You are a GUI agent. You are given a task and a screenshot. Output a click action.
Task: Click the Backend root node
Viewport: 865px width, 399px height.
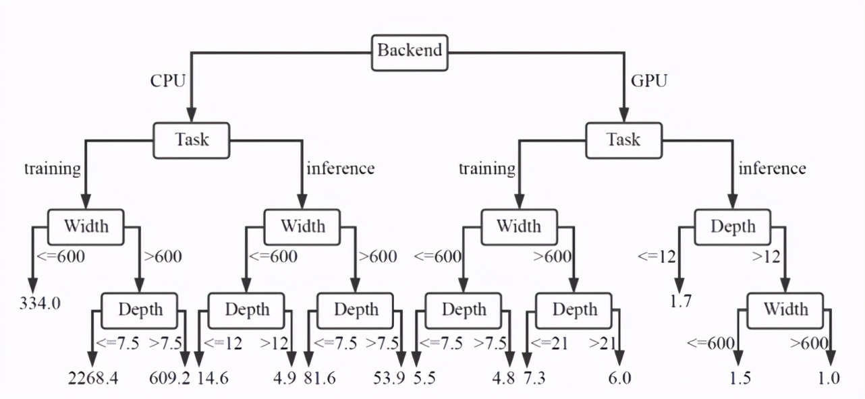click(x=410, y=51)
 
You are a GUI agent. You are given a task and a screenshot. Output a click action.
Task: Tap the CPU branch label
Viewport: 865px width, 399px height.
click(x=167, y=82)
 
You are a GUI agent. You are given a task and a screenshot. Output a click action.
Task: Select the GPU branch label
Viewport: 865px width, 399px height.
click(x=648, y=82)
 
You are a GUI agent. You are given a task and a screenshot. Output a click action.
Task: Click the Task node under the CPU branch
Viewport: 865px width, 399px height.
click(x=192, y=140)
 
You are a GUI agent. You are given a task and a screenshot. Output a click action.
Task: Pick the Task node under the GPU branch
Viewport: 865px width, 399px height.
click(x=623, y=140)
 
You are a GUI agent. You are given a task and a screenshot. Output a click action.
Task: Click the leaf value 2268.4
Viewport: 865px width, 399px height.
click(x=93, y=377)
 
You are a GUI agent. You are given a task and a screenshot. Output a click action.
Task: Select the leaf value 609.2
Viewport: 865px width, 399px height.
click(x=169, y=377)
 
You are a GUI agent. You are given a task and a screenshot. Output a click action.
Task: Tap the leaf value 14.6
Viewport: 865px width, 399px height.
click(x=213, y=377)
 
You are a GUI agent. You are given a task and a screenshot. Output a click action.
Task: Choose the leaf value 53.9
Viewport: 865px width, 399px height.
click(x=389, y=377)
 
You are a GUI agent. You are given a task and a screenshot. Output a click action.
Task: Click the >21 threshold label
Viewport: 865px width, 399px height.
click(x=603, y=342)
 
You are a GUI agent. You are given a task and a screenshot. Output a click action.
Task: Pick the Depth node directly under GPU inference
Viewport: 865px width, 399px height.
click(x=733, y=226)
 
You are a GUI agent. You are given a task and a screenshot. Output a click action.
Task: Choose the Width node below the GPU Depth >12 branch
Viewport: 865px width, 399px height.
click(x=785, y=309)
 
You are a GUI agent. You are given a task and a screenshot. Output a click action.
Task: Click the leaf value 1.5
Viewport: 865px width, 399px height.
click(x=741, y=377)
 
